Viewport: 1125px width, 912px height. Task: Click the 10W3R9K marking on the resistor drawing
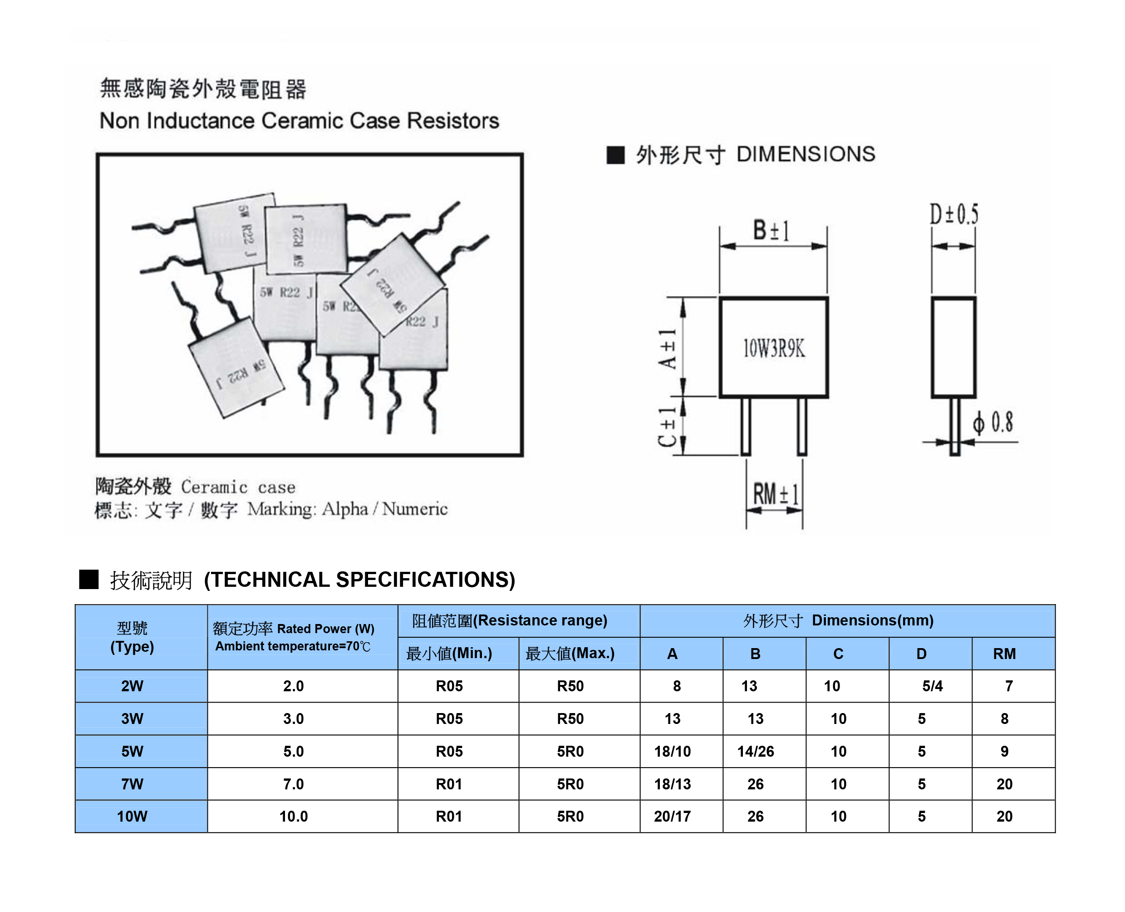773,348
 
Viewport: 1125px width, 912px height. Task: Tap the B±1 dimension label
771,231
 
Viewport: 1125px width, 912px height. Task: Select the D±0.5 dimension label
954,214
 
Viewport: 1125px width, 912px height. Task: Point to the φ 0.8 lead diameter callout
992,422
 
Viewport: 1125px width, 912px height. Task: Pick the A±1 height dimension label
668,349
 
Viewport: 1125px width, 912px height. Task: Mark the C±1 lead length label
668,426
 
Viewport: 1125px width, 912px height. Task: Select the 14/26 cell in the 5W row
756,751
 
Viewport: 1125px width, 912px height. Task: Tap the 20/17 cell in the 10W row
673,816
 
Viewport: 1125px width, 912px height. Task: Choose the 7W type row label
133,784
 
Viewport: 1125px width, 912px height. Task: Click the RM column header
1004,654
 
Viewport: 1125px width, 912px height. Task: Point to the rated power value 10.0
294,816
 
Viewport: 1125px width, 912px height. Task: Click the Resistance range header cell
510,620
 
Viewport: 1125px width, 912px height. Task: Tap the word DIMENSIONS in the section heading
806,154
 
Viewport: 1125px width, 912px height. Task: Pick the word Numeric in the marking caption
415,509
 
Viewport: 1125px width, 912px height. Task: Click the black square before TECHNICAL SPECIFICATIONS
88,580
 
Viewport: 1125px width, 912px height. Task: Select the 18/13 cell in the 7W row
673,784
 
